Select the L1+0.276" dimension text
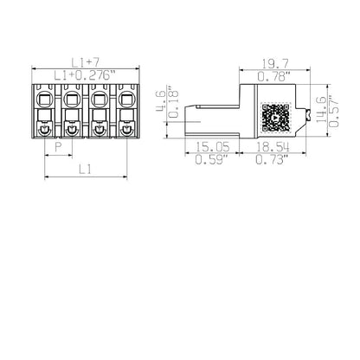coord(84,75)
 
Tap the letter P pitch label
coord(58,148)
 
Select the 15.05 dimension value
coord(214,148)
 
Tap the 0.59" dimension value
coord(214,160)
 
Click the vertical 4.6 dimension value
coord(158,102)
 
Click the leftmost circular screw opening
coord(45,129)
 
